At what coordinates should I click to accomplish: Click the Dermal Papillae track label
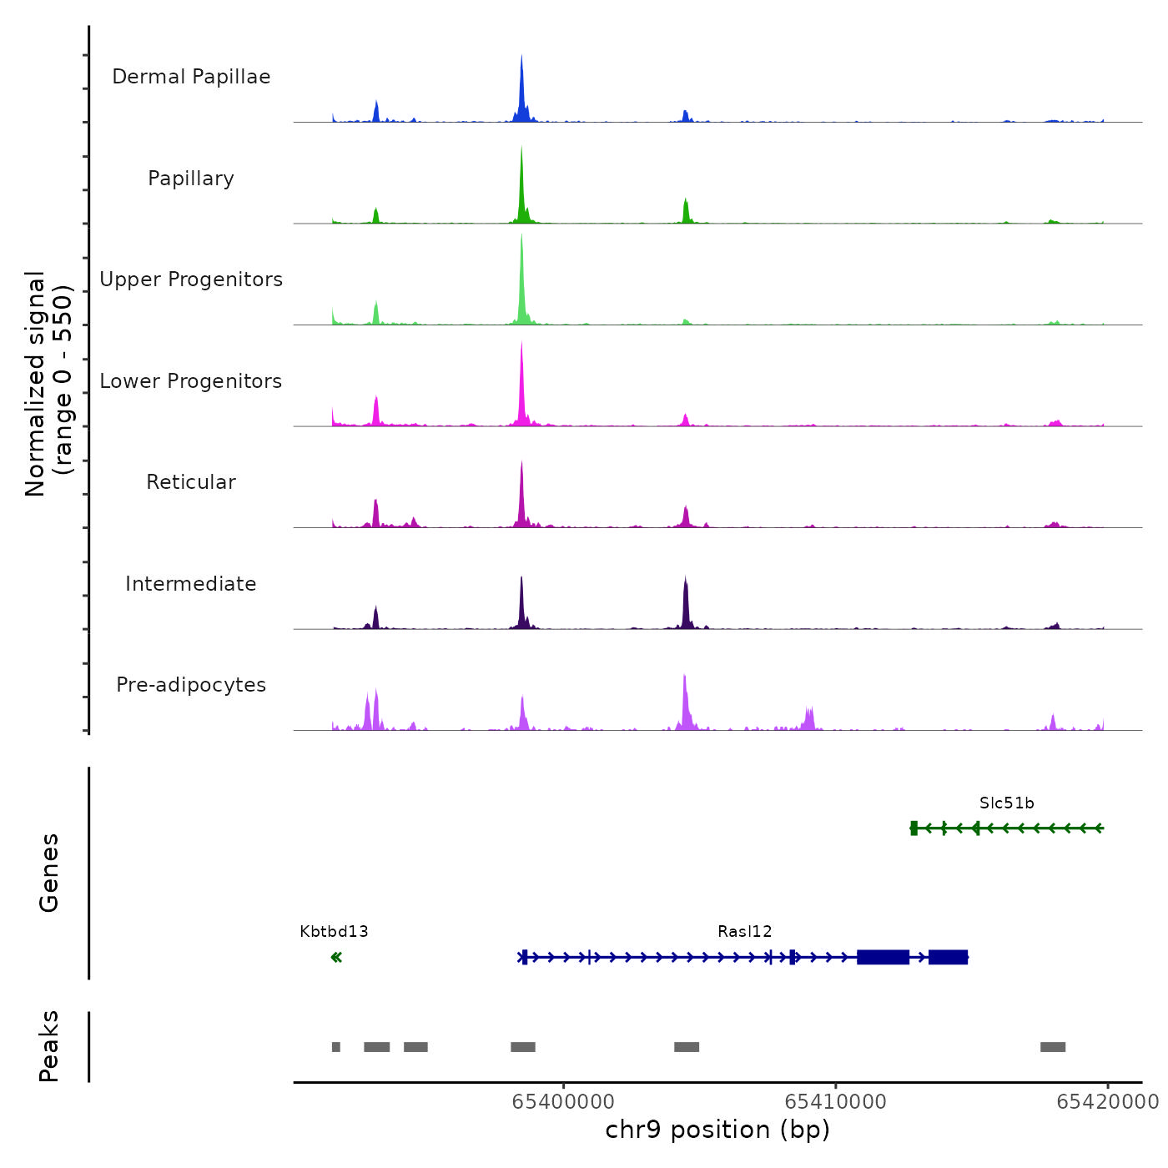click(191, 77)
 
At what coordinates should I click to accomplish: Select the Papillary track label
click(191, 179)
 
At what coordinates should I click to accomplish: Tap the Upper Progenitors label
click(191, 279)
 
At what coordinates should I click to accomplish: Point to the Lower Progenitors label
click(191, 381)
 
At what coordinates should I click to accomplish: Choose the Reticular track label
click(191, 482)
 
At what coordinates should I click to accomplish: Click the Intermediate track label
click(191, 584)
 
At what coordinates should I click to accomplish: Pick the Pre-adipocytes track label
click(191, 685)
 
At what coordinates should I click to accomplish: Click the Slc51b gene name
click(1007, 803)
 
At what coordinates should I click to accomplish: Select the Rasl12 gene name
click(745, 932)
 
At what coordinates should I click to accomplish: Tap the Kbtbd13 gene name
click(334, 932)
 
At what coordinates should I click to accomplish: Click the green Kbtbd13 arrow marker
click(336, 957)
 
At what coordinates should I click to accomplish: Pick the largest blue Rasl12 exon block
click(883, 957)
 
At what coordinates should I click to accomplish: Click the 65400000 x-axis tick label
click(563, 1102)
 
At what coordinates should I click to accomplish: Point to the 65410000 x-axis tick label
click(836, 1102)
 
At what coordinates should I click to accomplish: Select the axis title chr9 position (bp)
click(717, 1130)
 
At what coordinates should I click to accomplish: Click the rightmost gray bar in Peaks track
click(1053, 1047)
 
